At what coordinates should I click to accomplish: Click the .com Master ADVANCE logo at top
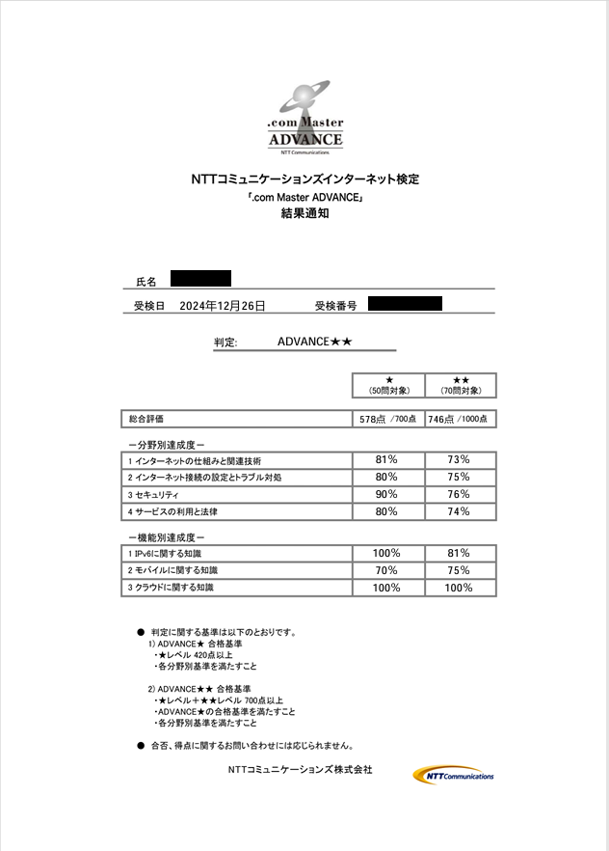(x=304, y=119)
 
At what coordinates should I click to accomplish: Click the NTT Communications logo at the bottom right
(x=455, y=775)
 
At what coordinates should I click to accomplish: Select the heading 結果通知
(x=304, y=214)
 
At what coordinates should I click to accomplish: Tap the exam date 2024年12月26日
(x=223, y=306)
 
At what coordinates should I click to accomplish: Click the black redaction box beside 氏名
(x=200, y=279)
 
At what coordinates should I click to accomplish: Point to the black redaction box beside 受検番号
(x=405, y=304)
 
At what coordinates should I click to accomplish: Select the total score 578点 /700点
(x=388, y=420)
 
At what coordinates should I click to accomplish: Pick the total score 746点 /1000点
(x=460, y=420)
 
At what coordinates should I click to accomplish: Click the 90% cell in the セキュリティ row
(x=386, y=494)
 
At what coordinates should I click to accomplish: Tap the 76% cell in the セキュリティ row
(x=459, y=494)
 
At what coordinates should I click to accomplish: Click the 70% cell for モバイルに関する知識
(x=386, y=570)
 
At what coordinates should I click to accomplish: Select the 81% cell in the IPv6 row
(x=459, y=553)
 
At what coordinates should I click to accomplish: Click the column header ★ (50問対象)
(x=388, y=386)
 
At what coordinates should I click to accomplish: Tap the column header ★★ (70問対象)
(x=461, y=386)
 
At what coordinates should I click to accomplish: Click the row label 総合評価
(x=146, y=420)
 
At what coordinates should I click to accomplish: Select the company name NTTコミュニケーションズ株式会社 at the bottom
(x=300, y=770)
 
